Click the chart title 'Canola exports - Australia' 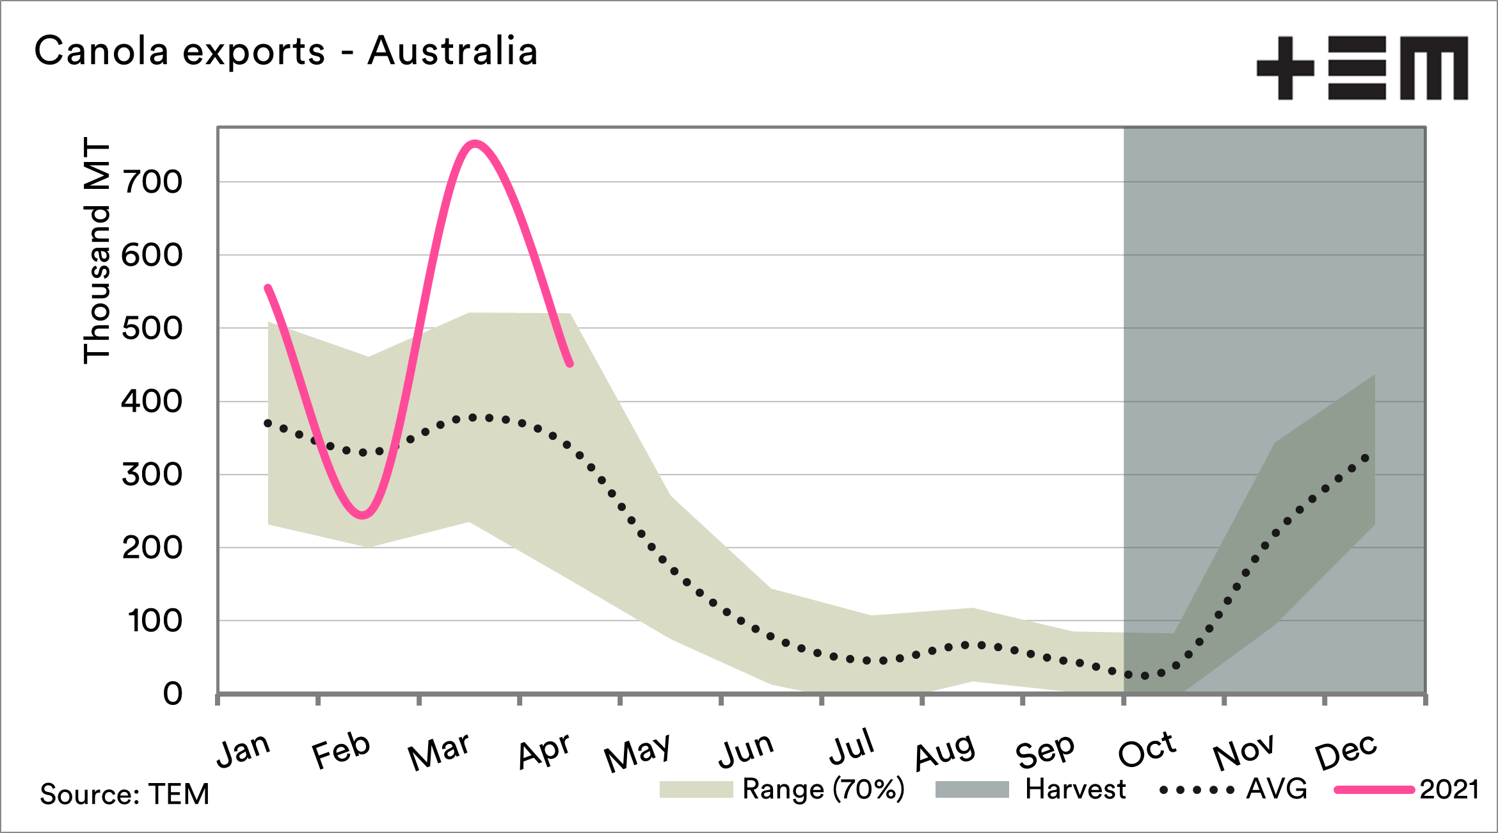[285, 51]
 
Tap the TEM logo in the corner [1362, 68]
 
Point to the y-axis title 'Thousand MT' [97, 250]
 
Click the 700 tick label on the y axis [152, 182]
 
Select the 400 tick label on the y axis [152, 402]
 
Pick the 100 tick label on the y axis [155, 621]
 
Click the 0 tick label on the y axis [172, 694]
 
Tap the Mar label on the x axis [439, 752]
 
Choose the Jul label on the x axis [852, 748]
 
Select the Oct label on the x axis [1147, 749]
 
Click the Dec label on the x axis [1346, 752]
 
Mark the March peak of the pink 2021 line [474, 143]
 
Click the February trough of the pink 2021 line [363, 515]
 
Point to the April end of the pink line [570, 364]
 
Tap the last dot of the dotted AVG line [1365, 458]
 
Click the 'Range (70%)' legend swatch [696, 789]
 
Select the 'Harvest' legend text [1075, 789]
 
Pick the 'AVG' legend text [1277, 789]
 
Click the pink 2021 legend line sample [1373, 789]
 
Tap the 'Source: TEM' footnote [125, 795]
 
